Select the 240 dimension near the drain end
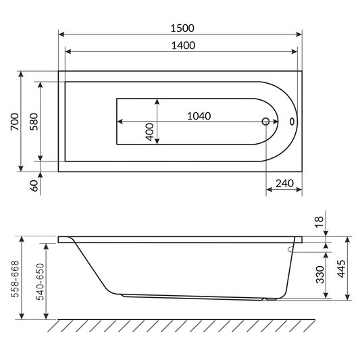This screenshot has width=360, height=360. [284, 182]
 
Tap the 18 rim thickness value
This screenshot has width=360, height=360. [319, 220]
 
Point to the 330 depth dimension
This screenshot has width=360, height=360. [320, 274]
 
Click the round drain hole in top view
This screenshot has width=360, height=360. [265, 122]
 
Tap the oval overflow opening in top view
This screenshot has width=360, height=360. [292, 122]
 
